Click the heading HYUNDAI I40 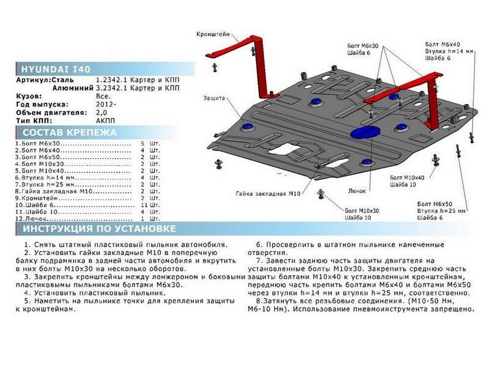click(x=56, y=69)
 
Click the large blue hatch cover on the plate click(x=366, y=132)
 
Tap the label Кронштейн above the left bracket click(x=213, y=34)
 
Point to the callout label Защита click(x=215, y=98)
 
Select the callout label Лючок click(x=357, y=191)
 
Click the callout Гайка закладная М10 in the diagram click(x=268, y=193)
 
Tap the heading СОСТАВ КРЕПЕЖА click(x=69, y=132)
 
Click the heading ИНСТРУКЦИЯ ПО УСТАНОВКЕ click(x=99, y=228)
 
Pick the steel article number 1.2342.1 click(x=111, y=80)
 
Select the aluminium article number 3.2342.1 click(x=111, y=88)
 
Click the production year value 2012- click(x=106, y=104)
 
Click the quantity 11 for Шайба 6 click(x=144, y=205)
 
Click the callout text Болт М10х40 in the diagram click(x=407, y=177)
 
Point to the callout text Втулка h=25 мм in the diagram click(x=441, y=211)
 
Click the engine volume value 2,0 click(x=101, y=113)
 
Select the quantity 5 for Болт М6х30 click(x=142, y=144)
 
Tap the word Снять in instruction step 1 click(x=45, y=245)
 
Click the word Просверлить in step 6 click(x=288, y=245)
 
